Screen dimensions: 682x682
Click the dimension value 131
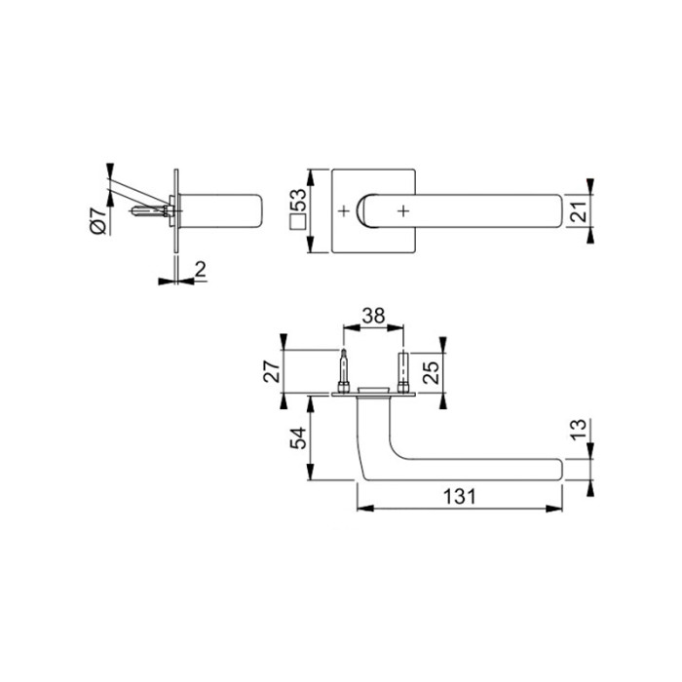click(459, 497)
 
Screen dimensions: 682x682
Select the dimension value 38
click(373, 317)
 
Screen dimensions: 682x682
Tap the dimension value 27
click(272, 371)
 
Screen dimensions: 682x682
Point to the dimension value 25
click(431, 372)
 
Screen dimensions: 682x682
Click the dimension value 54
click(298, 438)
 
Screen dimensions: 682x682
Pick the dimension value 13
click(579, 430)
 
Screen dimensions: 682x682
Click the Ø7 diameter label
click(98, 221)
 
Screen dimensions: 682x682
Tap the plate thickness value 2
click(200, 270)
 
